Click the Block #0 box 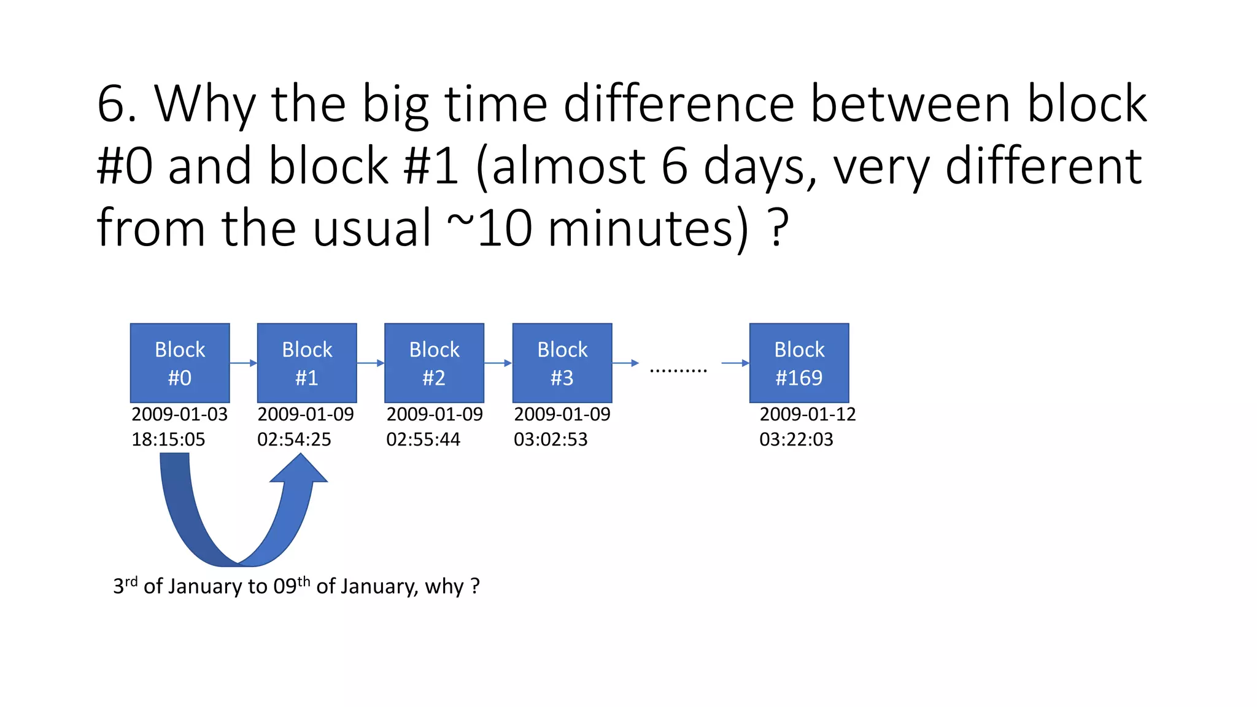pos(180,363)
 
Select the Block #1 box pos(307,363)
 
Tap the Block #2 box pos(434,363)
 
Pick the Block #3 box pos(562,363)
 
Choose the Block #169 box pos(799,363)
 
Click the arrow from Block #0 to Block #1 pos(244,363)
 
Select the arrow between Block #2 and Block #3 pos(498,363)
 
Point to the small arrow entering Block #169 pos(735,363)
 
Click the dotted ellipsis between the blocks pos(678,370)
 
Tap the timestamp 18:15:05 pos(168,439)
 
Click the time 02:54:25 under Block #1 pos(294,439)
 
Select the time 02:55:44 pos(423,439)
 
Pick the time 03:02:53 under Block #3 pos(551,439)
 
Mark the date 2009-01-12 pos(808,414)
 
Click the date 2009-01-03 pos(180,414)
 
